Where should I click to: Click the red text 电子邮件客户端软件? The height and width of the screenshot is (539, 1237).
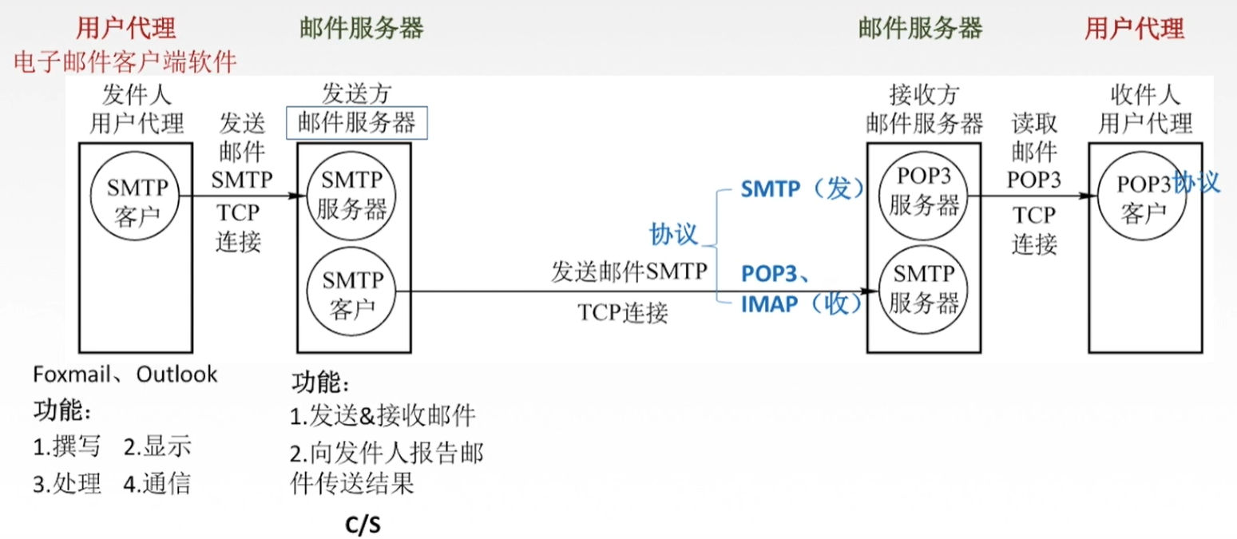point(125,61)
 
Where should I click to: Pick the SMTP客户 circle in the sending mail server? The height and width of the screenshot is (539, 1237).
point(352,292)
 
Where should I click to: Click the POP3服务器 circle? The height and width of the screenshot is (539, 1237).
point(926,195)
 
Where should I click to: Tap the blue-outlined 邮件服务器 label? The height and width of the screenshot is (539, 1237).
point(357,123)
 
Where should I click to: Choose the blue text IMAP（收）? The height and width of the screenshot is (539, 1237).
point(802,303)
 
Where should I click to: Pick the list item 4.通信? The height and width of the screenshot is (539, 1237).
point(157,483)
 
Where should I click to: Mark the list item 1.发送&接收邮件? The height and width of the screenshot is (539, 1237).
point(383,415)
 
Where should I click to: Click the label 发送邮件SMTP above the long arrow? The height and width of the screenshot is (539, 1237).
point(629,272)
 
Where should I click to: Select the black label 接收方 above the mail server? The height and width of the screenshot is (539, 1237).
point(924,97)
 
